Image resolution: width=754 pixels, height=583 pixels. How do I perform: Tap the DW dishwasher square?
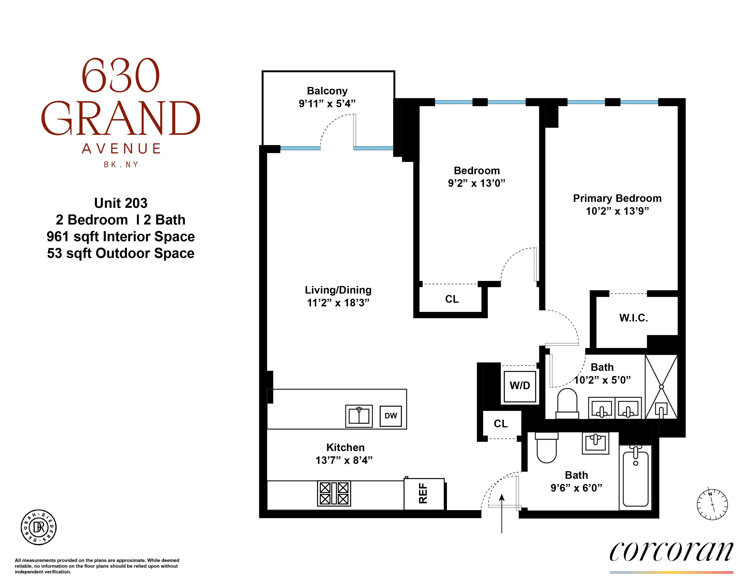coord(390,416)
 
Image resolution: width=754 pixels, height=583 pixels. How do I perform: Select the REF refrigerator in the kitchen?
coord(424,494)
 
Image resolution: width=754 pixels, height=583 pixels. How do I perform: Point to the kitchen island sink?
coord(359,416)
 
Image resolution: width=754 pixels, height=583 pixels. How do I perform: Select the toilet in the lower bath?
coord(547,447)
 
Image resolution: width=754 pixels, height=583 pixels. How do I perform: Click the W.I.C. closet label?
coord(634,318)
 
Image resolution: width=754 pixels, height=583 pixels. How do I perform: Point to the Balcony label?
coord(327,91)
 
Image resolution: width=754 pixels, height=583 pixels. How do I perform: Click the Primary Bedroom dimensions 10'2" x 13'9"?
coord(617,211)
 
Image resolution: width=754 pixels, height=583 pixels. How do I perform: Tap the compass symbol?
coord(712,504)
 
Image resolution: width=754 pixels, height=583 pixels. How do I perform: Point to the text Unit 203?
coord(121,203)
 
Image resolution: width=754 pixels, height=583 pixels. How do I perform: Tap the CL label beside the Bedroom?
coord(452,299)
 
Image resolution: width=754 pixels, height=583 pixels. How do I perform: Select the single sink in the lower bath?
coord(595,443)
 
